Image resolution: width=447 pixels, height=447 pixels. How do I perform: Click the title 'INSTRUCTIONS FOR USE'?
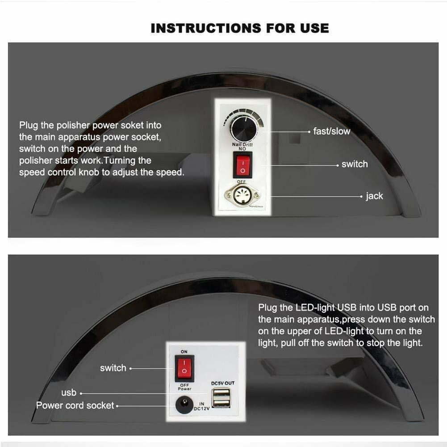[240, 28]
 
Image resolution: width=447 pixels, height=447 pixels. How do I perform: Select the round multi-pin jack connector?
[242, 195]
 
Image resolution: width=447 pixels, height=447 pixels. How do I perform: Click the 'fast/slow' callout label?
[331, 131]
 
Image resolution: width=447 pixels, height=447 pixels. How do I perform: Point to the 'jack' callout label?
[374, 196]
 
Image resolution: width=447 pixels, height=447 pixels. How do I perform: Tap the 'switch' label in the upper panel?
[355, 164]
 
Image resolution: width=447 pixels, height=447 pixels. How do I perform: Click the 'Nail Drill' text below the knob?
[242, 144]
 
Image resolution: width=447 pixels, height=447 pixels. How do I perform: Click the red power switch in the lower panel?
[184, 368]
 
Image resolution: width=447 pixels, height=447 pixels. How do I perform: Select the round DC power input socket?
[184, 405]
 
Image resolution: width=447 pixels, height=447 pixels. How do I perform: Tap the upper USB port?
[221, 393]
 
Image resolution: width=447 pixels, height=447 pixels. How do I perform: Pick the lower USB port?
[221, 403]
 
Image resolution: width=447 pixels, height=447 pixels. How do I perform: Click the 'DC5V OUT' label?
[223, 383]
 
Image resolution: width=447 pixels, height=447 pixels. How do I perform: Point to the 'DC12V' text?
[201, 409]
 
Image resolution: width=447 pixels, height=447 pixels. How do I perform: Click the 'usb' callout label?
[69, 393]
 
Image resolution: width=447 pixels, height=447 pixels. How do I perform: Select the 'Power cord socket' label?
[75, 405]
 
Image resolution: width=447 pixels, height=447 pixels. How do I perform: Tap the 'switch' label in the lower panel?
[113, 368]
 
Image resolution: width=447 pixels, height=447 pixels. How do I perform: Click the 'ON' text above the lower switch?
[184, 352]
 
